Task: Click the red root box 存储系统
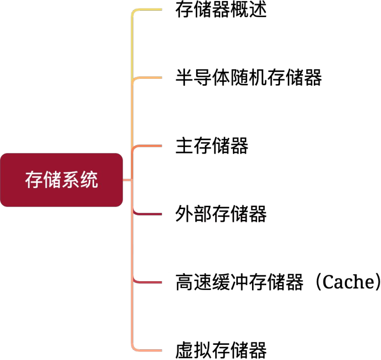click(x=61, y=180)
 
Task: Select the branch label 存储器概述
click(x=221, y=10)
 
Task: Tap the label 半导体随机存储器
click(x=249, y=77)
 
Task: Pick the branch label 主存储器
click(x=212, y=145)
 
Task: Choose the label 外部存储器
click(x=221, y=214)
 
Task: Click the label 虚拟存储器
click(x=221, y=350)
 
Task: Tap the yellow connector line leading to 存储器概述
click(x=147, y=10)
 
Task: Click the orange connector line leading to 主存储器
click(x=147, y=146)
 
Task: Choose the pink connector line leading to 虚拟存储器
click(x=147, y=350)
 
